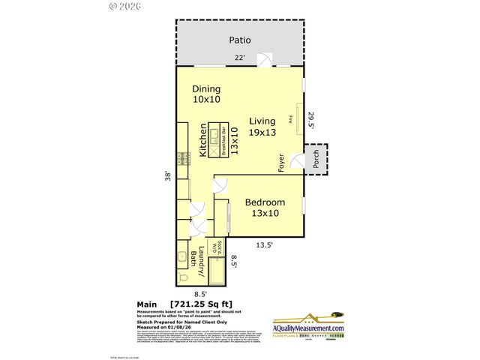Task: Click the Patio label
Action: [241, 40]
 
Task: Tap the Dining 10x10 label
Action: [206, 94]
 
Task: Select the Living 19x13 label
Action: [262, 127]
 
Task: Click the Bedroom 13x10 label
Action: [265, 208]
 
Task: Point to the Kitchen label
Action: [202, 140]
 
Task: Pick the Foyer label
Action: [281, 162]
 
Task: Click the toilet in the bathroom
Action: [184, 278]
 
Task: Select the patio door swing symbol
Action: [262, 59]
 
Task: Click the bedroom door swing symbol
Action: [220, 184]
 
